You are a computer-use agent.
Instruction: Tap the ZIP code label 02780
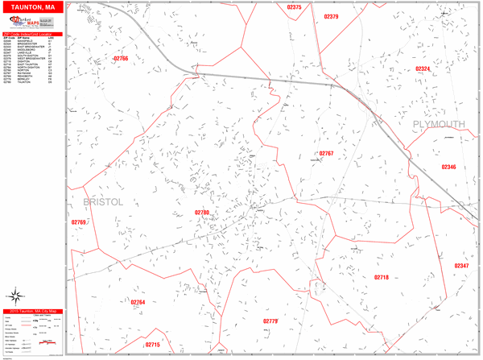pos(201,213)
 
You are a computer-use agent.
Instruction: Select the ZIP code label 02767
pos(326,152)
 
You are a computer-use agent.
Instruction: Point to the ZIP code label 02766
pos(121,59)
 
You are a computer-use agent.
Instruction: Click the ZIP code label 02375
pos(294,7)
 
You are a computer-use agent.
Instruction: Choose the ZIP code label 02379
pos(329,16)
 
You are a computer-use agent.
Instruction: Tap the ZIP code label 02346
pos(448,167)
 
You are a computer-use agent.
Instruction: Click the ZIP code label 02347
pos(460,266)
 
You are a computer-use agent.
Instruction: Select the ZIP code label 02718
pos(382,277)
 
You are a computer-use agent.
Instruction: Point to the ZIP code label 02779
pos(270,321)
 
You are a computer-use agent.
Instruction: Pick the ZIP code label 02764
pos(137,302)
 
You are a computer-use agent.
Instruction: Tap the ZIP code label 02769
pos(78,222)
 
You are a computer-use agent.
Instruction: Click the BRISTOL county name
pos(104,202)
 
